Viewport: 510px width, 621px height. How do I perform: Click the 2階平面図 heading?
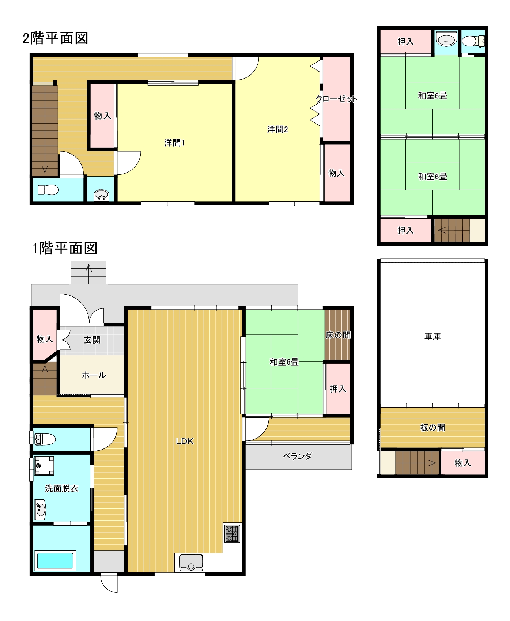tap(56, 38)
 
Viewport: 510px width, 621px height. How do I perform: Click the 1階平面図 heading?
tap(65, 248)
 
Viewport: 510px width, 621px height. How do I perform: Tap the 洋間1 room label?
tap(174, 143)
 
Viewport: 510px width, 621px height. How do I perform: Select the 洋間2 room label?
tap(277, 129)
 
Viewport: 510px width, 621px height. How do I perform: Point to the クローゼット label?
tap(336, 99)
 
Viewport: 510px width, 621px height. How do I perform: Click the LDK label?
tap(185, 441)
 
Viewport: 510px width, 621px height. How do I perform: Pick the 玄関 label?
tap(92, 340)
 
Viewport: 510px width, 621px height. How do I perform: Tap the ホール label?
tap(94, 375)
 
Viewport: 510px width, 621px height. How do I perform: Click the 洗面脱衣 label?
tap(62, 488)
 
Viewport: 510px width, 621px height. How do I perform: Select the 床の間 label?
tap(338, 335)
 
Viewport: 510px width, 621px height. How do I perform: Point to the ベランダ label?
tap(298, 456)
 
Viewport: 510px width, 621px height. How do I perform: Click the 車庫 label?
tap(432, 336)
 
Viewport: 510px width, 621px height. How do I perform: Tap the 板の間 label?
tap(432, 427)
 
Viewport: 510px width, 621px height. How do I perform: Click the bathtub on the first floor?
tap(55, 560)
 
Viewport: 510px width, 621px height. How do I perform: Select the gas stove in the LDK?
tap(232, 534)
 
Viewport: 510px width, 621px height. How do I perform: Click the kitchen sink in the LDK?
tap(191, 563)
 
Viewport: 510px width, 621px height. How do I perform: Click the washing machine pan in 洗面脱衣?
tap(44, 466)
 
